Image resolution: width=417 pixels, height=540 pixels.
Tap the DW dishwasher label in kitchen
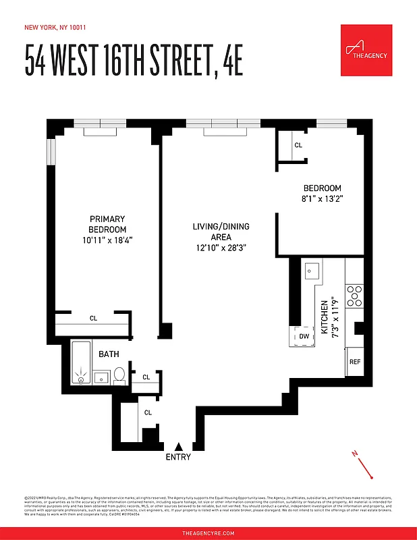[x=304, y=336]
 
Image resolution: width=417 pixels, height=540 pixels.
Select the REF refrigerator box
[x=355, y=361]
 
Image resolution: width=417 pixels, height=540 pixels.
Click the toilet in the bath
[x=119, y=375]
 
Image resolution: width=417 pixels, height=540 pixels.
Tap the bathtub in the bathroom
[x=81, y=364]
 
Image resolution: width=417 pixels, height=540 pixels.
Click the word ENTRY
[x=178, y=457]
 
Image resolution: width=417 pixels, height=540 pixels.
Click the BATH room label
[x=109, y=354]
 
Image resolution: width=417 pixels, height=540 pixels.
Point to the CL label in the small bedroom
[x=298, y=145]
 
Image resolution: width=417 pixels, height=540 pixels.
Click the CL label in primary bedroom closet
[x=94, y=318]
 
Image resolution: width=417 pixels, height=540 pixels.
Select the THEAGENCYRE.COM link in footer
[x=208, y=533]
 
